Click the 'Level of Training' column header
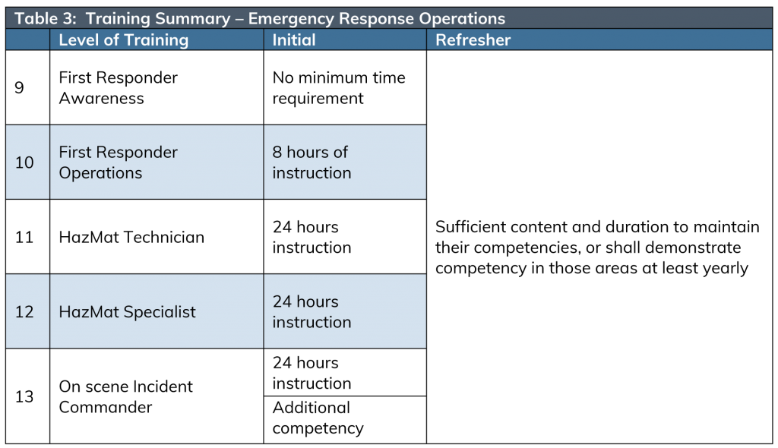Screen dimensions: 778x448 pos(124,39)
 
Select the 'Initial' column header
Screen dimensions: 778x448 pos(294,39)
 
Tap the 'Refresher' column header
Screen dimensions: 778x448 pos(473,39)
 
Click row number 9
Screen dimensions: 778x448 pos(19,87)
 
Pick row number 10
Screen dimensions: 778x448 pos(24,162)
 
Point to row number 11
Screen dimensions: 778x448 pos(24,237)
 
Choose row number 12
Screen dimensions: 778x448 pos(24,311)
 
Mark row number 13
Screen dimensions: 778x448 pos(24,396)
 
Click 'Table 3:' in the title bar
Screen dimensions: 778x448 pos(45,18)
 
